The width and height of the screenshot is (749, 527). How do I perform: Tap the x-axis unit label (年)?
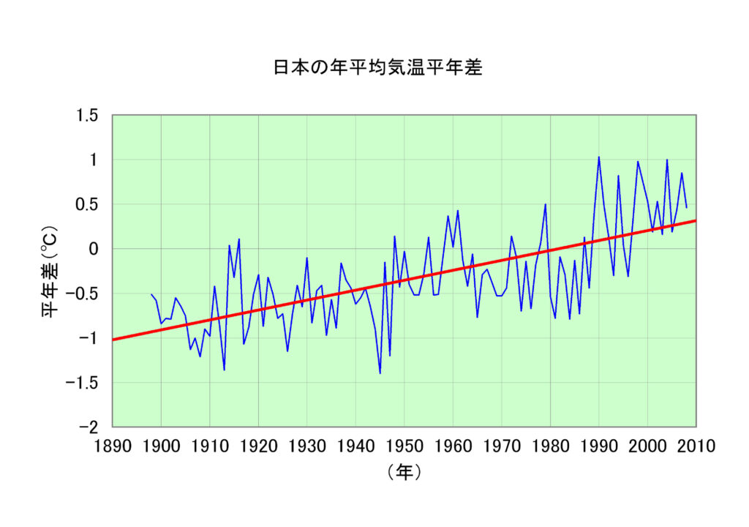[x=404, y=473]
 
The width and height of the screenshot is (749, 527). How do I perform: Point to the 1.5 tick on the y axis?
[x=89, y=116]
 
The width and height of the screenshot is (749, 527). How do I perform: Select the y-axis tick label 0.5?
[x=89, y=204]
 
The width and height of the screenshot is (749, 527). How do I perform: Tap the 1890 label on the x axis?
[x=112, y=445]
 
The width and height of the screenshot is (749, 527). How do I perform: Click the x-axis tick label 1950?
[x=404, y=445]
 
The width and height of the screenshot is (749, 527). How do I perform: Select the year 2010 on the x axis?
[x=696, y=445]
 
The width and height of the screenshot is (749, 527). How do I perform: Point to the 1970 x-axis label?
[x=501, y=445]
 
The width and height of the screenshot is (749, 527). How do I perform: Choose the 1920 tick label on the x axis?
[x=258, y=445]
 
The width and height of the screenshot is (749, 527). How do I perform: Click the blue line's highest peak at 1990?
[x=599, y=157]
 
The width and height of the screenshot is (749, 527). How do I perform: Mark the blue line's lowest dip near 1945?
[x=380, y=373]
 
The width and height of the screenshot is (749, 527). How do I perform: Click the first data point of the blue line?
[x=151, y=294]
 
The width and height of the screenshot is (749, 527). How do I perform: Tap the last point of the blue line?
[x=686, y=208]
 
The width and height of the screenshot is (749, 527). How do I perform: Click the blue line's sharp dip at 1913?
[x=224, y=370]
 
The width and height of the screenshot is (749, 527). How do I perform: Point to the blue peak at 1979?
[x=545, y=204]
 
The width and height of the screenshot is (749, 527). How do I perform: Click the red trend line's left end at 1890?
[x=113, y=340]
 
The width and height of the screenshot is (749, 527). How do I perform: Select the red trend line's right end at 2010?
[x=695, y=220]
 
